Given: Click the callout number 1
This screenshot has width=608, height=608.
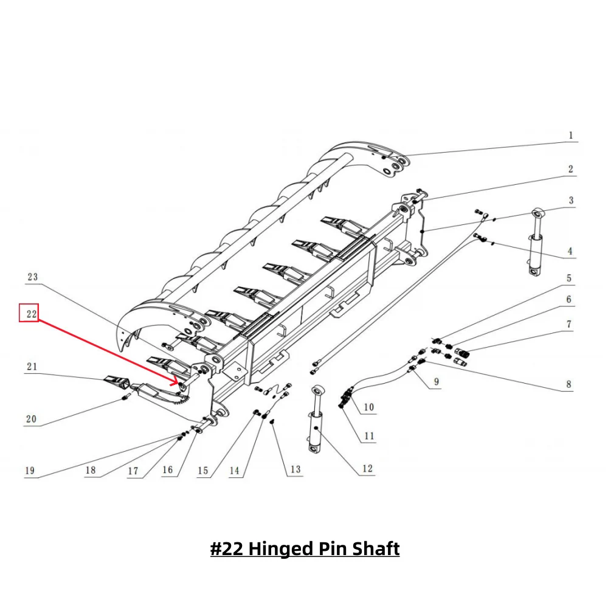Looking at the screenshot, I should coord(570,136).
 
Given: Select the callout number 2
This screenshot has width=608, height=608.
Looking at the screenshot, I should coord(570,169).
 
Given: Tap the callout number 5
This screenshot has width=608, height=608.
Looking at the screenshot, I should coord(569,278).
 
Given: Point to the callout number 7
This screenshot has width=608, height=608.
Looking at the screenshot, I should coord(569,325).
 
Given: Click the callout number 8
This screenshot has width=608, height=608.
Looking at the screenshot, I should coord(568,384).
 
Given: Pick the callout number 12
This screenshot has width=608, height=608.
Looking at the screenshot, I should coord(367,469).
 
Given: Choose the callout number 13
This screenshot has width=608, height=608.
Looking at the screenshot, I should coord(295,469).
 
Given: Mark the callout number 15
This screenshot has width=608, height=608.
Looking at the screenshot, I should coord(202,470).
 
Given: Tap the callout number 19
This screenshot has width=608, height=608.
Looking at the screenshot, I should coord(30,471).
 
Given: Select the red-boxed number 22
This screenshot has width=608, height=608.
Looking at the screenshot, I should coord(29,314).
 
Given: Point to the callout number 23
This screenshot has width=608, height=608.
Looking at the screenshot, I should coord(32,277).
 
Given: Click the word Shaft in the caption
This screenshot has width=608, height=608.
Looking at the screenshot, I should coord(375,549).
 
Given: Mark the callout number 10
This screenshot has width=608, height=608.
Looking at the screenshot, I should coord(369,407).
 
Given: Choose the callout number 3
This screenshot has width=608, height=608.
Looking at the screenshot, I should coord(570,201).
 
